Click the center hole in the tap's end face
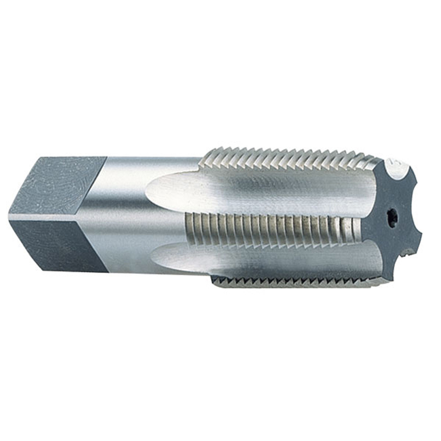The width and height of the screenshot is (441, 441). [x=391, y=220]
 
